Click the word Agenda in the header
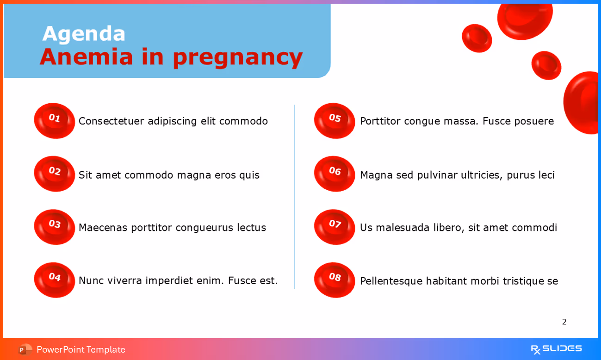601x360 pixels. click(84, 34)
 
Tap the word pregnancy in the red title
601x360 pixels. click(237, 57)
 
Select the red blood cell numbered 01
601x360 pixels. click(55, 120)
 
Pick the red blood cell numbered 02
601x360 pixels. click(55, 174)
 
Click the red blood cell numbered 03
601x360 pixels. click(55, 227)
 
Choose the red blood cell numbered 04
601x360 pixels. click(55, 279)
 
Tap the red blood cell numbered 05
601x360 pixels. click(335, 120)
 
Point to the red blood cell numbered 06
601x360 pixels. click(335, 174)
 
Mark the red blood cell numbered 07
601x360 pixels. click(335, 227)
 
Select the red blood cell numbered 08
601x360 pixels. click(335, 279)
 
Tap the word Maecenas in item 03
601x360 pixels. click(103, 228)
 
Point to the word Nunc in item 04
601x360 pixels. click(91, 280)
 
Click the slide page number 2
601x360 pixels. click(564, 322)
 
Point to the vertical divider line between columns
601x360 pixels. click(295, 197)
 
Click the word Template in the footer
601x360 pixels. click(106, 350)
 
